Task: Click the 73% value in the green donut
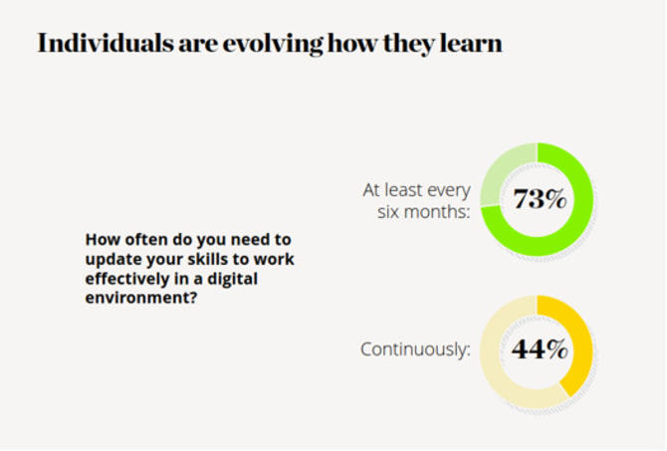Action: pos(540,199)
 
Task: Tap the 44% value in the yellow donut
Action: pos(540,349)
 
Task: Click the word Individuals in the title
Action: pos(106,44)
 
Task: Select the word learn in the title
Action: pos(471,44)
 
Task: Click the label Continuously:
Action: pos(415,349)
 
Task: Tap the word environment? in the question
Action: pos(141,298)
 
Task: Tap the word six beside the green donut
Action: pos(388,212)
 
